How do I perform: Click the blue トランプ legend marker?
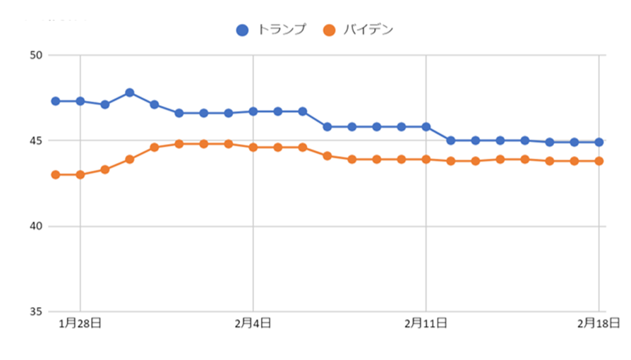pyautogui.click(x=242, y=30)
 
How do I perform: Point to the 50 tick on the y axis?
pyautogui.click(x=35, y=55)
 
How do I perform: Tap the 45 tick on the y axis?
pyautogui.click(x=35, y=140)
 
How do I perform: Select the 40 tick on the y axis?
pyautogui.click(x=35, y=227)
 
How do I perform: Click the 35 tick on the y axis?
pyautogui.click(x=35, y=312)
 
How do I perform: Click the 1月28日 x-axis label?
pyautogui.click(x=80, y=324)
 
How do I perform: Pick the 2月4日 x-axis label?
pyautogui.click(x=253, y=324)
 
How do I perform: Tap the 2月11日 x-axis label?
pyautogui.click(x=426, y=324)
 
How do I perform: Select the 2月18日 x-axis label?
pyautogui.click(x=599, y=324)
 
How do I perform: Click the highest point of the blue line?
pyautogui.click(x=130, y=92)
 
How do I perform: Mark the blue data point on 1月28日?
pyautogui.click(x=80, y=101)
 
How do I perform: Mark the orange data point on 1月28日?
pyautogui.click(x=80, y=174)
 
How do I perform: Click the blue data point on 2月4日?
pyautogui.click(x=253, y=112)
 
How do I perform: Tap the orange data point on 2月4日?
pyautogui.click(x=253, y=148)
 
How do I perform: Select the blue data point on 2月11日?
pyautogui.click(x=426, y=127)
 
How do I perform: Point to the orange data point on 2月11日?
pyautogui.click(x=426, y=160)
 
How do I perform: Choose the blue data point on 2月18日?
pyautogui.click(x=599, y=142)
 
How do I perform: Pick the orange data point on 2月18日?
pyautogui.click(x=599, y=161)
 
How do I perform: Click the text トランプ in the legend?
pyautogui.click(x=281, y=30)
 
